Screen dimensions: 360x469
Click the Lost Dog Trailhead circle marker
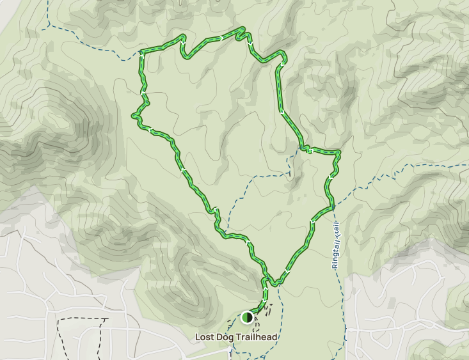(x=247, y=317)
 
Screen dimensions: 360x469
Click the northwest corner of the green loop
(x=142, y=51)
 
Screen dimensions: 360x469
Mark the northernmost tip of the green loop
(x=242, y=29)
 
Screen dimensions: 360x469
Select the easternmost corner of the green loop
(x=338, y=153)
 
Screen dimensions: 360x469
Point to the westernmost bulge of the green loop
(x=134, y=116)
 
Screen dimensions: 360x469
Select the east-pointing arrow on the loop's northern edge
(x=221, y=38)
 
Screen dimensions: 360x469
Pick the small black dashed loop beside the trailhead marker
(x=267, y=309)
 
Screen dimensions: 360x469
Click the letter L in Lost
(x=198, y=337)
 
